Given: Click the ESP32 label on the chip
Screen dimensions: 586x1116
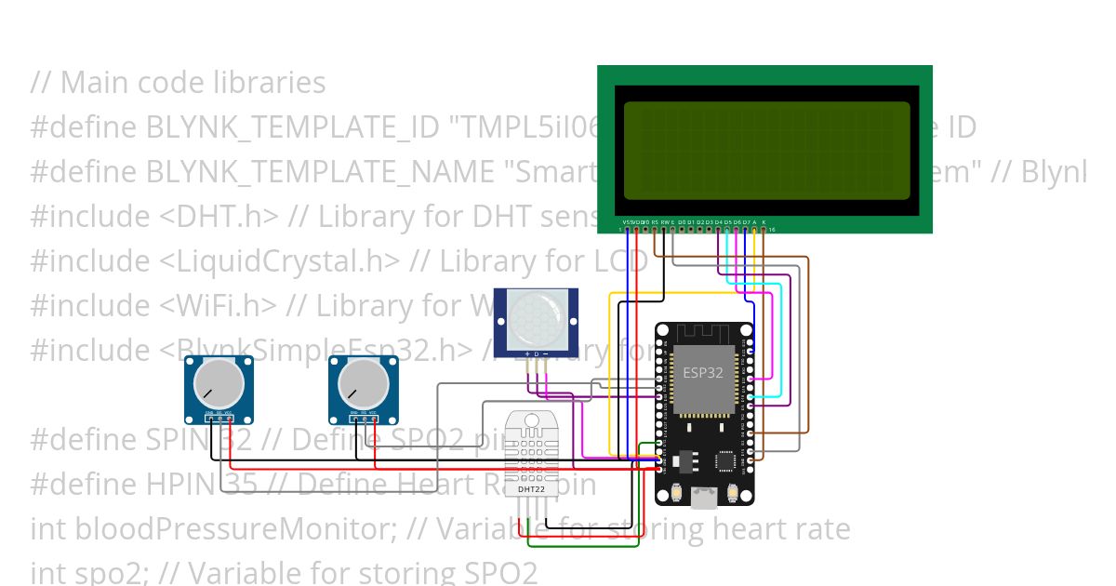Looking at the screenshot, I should pyautogui.click(x=703, y=372).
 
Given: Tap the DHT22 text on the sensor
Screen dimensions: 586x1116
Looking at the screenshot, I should pyautogui.click(x=531, y=488).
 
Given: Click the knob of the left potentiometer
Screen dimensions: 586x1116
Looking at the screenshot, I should pyautogui.click(x=219, y=383).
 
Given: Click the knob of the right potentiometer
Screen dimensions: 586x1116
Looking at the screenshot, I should pyautogui.click(x=363, y=383).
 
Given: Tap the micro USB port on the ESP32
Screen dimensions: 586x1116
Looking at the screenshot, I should pyautogui.click(x=704, y=499).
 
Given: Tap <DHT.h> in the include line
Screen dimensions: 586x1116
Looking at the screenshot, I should pyautogui.click(x=219, y=217).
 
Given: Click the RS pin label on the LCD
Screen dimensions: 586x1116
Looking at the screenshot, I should pyautogui.click(x=655, y=222).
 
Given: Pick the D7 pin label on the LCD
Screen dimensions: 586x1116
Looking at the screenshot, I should pyautogui.click(x=746, y=222).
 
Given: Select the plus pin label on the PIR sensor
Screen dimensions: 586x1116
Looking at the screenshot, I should pyautogui.click(x=527, y=354).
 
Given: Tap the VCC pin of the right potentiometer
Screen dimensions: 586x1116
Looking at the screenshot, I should pyautogui.click(x=374, y=412).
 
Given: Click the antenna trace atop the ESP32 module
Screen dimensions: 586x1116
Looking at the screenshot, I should pyautogui.click(x=703, y=333).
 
